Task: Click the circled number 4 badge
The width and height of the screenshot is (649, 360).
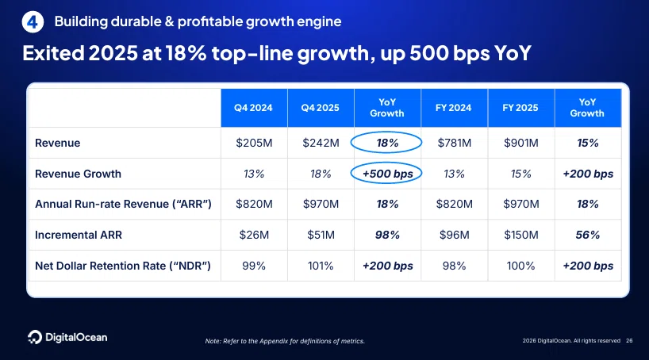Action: point(33,22)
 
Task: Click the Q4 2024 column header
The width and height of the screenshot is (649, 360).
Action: point(253,108)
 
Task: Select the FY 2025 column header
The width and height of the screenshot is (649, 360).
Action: point(520,108)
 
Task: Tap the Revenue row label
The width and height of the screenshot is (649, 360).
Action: point(58,143)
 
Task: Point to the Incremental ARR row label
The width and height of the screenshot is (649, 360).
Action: point(79,235)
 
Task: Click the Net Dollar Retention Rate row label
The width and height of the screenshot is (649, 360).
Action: point(123,266)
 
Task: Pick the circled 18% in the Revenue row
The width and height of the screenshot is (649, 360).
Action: point(387,143)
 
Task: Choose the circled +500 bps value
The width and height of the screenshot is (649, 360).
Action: point(387,174)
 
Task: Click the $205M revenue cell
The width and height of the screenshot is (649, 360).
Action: point(254,143)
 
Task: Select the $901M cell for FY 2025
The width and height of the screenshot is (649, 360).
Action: point(521,143)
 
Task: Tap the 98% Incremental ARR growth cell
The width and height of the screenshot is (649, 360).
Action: point(387,235)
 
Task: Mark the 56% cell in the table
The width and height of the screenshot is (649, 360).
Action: point(588,235)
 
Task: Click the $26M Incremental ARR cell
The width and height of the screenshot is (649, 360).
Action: point(254,235)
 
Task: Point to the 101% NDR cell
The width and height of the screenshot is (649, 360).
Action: point(321,266)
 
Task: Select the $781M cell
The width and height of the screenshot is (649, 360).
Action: point(455,143)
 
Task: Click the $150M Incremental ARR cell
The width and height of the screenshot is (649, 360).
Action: point(521,235)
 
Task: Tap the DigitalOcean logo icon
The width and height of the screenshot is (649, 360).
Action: point(35,337)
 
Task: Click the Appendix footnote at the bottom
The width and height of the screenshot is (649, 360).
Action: point(285,341)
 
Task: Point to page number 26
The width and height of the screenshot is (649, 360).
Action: point(629,340)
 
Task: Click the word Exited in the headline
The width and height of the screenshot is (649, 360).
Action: point(53,53)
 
